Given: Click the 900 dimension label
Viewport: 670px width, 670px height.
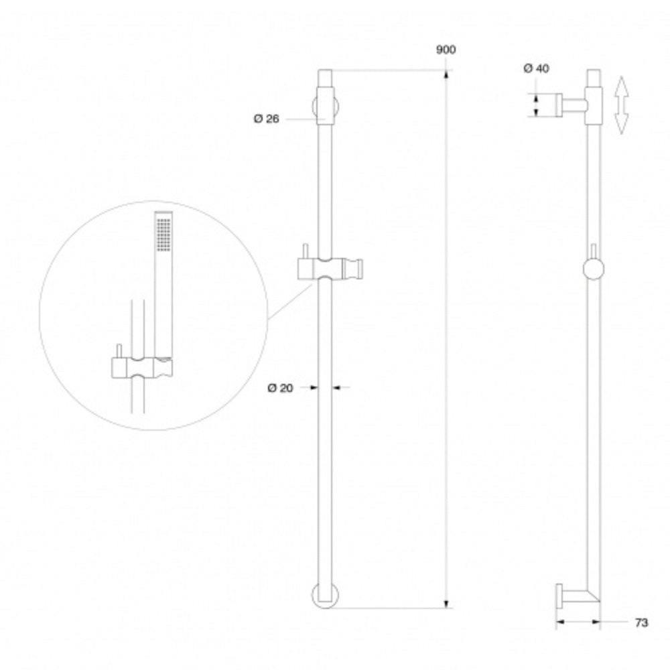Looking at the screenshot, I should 446,50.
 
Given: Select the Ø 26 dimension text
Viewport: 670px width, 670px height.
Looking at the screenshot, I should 266,119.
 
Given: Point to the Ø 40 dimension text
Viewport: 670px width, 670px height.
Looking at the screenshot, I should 536,68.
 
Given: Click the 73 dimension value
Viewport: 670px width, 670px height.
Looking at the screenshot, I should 641,622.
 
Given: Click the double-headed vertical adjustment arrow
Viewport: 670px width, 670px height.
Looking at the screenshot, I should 621,105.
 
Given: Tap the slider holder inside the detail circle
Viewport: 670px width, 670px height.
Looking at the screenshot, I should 141,367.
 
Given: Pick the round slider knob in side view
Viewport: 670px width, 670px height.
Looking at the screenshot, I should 593,269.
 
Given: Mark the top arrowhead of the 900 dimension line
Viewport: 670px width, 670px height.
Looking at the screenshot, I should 447,76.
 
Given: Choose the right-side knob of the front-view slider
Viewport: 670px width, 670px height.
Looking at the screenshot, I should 359,269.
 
